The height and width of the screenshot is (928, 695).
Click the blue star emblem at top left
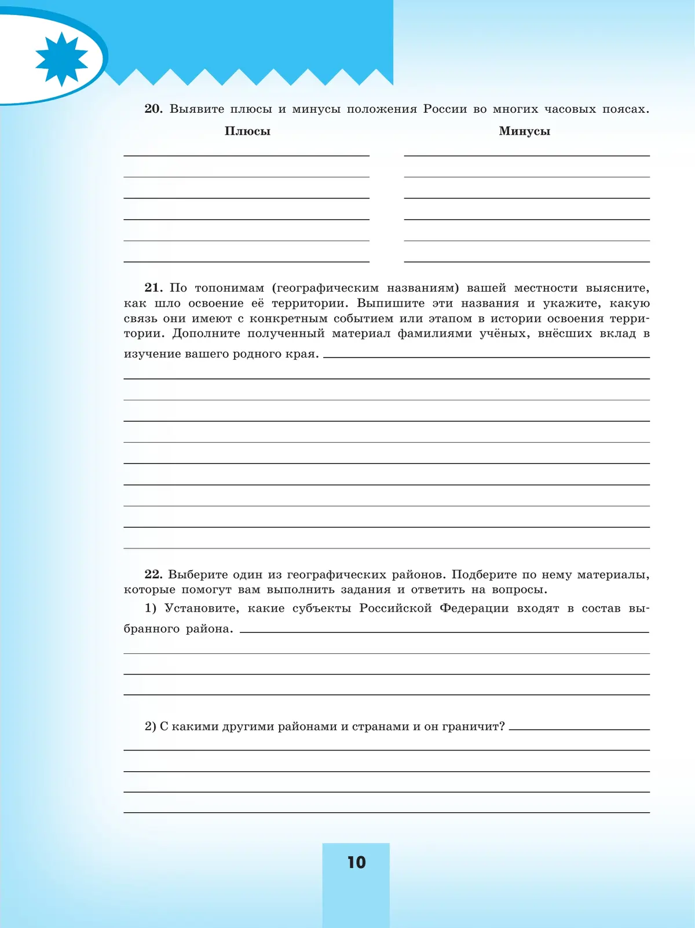(x=61, y=59)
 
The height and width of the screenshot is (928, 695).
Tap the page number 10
(x=356, y=863)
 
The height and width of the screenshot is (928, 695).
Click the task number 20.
(x=153, y=109)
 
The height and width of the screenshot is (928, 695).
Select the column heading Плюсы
(x=247, y=131)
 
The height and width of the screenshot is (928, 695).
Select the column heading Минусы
(x=524, y=131)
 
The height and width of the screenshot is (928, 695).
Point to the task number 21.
(x=153, y=288)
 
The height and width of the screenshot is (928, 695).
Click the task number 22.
(x=153, y=575)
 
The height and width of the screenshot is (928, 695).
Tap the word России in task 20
(x=445, y=109)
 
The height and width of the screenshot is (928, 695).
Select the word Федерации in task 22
(x=474, y=608)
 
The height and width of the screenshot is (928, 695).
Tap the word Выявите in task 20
(x=196, y=109)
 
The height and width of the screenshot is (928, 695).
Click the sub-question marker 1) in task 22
(x=151, y=608)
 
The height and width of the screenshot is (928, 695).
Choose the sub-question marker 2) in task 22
(x=151, y=727)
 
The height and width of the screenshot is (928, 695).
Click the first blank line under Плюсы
(x=246, y=154)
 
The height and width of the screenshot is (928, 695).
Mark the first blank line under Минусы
(x=526, y=154)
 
